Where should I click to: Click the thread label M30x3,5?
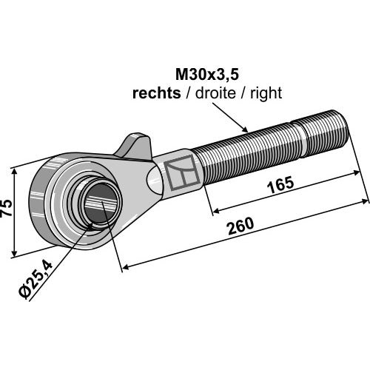[207, 75]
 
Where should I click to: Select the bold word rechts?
[157, 93]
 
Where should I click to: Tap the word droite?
[215, 93]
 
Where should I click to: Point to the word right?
[266, 94]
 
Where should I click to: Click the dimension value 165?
[281, 185]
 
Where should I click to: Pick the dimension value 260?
[240, 226]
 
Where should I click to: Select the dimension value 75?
[7, 207]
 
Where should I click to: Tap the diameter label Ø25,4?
[36, 280]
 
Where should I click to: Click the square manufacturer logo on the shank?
[183, 173]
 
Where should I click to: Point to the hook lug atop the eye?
[135, 146]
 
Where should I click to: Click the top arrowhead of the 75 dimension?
[14, 172]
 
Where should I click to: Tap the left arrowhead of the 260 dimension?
[126, 267]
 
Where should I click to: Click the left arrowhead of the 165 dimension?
[216, 211]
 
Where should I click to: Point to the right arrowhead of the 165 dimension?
[356, 173]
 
